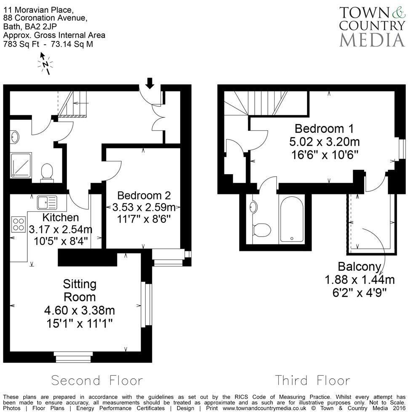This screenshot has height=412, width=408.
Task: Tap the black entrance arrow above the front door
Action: [149, 83]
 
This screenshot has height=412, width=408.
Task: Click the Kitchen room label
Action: [61, 218]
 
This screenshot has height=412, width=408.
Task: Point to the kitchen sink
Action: [46, 203]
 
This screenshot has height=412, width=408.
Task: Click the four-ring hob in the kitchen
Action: [19, 224]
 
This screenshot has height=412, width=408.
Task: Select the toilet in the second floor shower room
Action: [47, 172]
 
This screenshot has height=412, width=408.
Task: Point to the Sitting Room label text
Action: [80, 290]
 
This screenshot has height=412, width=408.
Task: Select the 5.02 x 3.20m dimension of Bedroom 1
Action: [324, 142]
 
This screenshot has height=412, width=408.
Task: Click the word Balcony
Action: [359, 267]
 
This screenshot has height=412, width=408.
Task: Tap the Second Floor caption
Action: [97, 380]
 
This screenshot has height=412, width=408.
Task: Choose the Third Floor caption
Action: [313, 380]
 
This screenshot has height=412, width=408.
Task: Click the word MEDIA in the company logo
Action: [372, 39]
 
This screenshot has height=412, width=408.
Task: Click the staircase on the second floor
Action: [72, 104]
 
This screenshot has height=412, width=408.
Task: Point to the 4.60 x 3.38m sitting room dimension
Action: [80, 311]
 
